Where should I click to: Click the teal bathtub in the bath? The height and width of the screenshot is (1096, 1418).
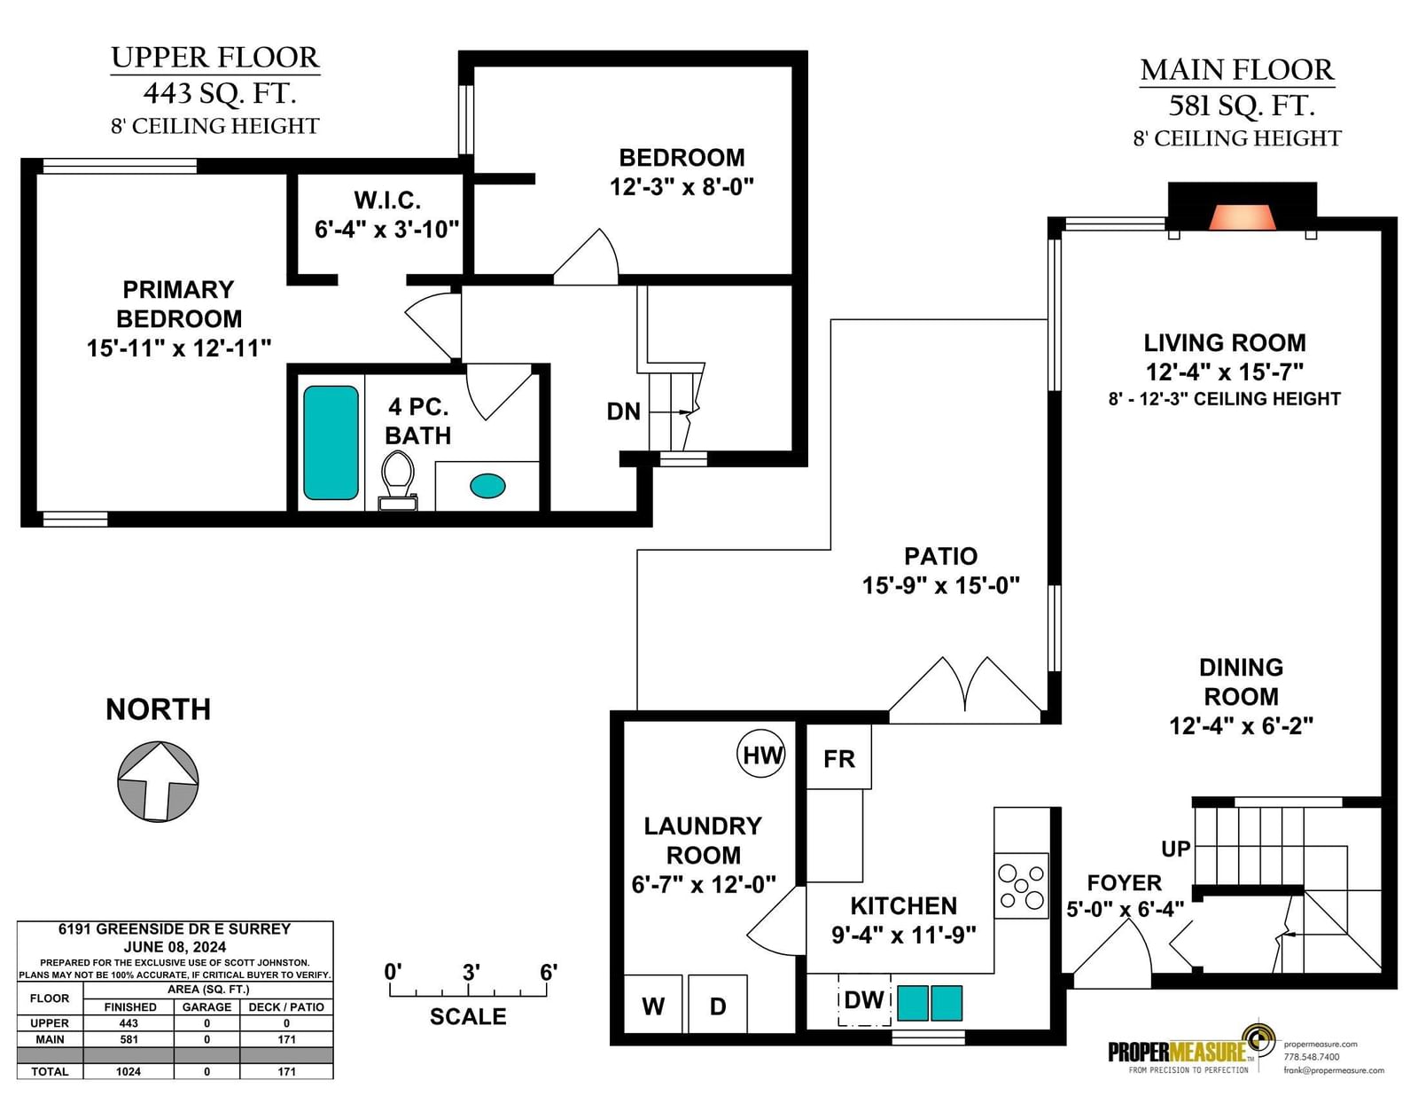pyautogui.click(x=331, y=442)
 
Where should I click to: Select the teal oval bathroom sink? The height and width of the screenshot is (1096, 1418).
pyautogui.click(x=487, y=486)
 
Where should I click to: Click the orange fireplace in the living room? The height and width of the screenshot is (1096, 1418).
pyautogui.click(x=1242, y=217)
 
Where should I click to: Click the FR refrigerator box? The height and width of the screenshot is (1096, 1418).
pyautogui.click(x=839, y=757)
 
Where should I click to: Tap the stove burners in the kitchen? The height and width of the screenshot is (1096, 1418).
pyautogui.click(x=1021, y=886)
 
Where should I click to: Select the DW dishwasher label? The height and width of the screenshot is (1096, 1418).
pyautogui.click(x=864, y=999)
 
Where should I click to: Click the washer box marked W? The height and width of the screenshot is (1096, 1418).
pyautogui.click(x=653, y=1004)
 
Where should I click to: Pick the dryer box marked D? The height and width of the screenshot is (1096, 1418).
pyautogui.click(x=718, y=1004)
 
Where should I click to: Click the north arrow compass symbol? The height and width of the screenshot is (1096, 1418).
pyautogui.click(x=158, y=781)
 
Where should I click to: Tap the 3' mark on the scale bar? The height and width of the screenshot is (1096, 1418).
pyautogui.click(x=471, y=973)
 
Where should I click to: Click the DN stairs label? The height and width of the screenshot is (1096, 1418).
pyautogui.click(x=623, y=411)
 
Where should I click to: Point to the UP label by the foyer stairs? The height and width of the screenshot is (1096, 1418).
pyautogui.click(x=1176, y=849)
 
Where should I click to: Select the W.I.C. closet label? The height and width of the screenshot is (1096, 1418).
pyautogui.click(x=387, y=200)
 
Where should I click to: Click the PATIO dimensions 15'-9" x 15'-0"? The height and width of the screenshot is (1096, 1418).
pyautogui.click(x=940, y=585)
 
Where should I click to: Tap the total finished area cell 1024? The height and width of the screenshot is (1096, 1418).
pyautogui.click(x=129, y=1071)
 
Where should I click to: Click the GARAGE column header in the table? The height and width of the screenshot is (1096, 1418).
pyautogui.click(x=206, y=1007)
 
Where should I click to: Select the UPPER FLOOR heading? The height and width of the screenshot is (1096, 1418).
pyautogui.click(x=215, y=58)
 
